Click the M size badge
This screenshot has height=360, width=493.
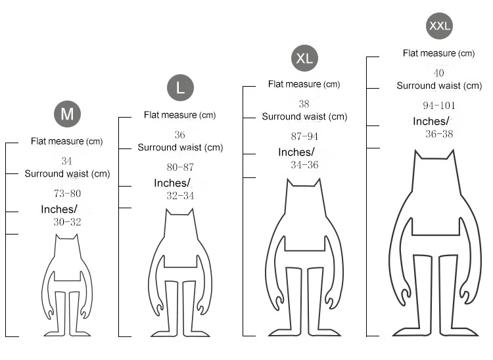[67, 114]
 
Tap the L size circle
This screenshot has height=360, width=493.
[180, 87]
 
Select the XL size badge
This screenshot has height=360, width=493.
[304, 58]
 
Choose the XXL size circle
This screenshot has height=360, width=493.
[440, 26]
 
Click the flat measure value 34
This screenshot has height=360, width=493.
[66, 161]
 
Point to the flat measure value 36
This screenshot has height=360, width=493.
[179, 135]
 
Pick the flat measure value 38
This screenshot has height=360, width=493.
[304, 104]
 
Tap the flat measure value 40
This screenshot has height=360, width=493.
[439, 73]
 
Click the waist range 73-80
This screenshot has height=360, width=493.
[67, 194]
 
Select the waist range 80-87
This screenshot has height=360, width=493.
[180, 167]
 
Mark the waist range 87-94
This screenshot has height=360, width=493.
[304, 136]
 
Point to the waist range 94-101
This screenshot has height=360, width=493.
[439, 105]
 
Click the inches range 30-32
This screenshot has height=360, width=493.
[67, 222]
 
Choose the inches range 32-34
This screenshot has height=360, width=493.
[180, 196]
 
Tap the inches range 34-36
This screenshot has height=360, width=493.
[304, 165]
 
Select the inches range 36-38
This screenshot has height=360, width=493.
[439, 133]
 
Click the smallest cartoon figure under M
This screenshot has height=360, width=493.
[68, 286]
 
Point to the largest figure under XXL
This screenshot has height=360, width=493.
[433, 243]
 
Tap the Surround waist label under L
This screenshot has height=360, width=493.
[180, 148]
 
